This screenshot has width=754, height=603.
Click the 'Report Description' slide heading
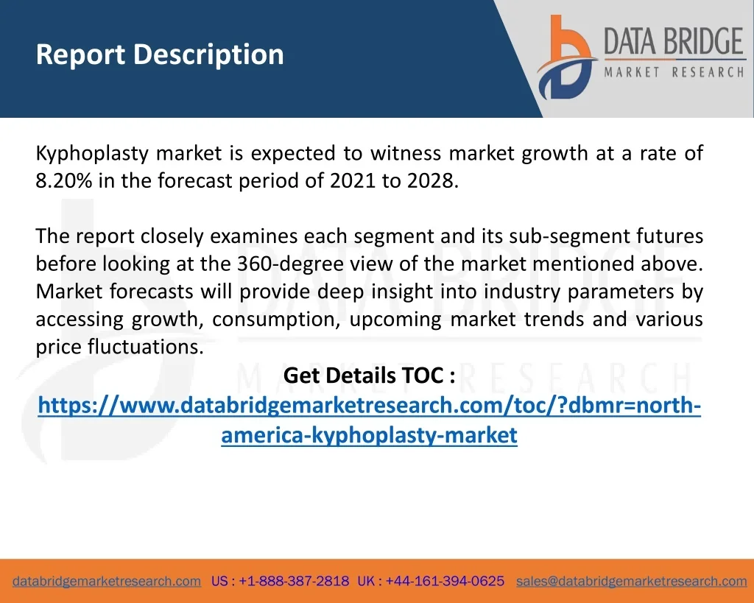pos(160,54)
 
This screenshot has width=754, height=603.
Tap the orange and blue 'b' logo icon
pos(566,57)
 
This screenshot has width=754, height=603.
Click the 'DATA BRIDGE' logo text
pos(674,41)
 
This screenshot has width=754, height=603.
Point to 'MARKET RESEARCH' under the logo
pos(674,72)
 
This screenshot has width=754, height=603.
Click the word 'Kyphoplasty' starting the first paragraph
pos(92,154)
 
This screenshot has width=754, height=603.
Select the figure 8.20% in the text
pos(64,181)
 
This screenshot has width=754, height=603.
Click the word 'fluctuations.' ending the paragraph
pos(146,347)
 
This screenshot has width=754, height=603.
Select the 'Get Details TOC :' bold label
pos(370,375)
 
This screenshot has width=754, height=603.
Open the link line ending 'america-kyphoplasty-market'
pos(370,435)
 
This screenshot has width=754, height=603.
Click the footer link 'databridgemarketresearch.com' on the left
pos(107,582)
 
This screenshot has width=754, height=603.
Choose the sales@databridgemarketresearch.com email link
pos(631,582)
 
